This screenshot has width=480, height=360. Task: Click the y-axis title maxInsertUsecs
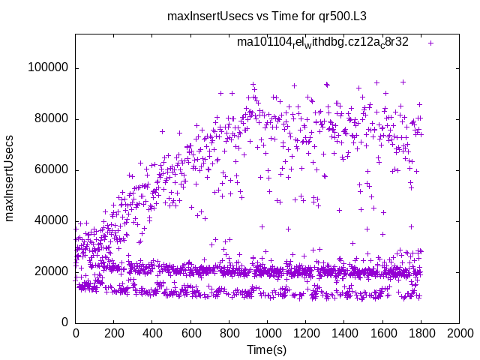pos(10,178)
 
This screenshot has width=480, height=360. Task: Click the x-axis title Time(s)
pos(267,349)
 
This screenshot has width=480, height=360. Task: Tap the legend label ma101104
pos(322,42)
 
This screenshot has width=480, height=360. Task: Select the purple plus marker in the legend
pos(430,43)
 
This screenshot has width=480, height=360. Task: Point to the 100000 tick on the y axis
pos(47,67)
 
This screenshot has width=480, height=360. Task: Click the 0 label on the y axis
pos(65,322)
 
